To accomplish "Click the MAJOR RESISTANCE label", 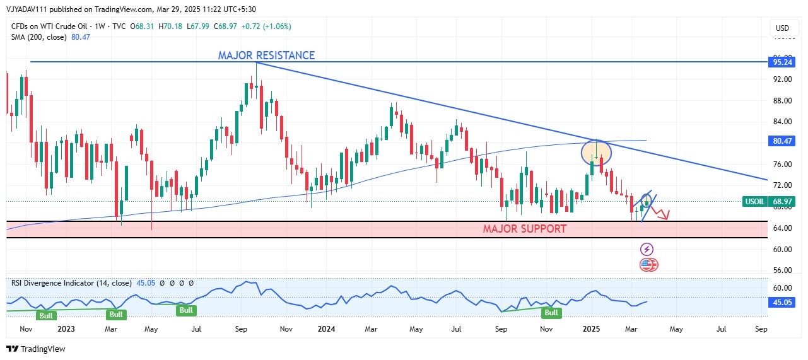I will pos(266,55).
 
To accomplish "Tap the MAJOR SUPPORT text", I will pos(525,228).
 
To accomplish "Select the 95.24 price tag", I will pos(782,62).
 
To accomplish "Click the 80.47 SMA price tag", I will pos(782,142).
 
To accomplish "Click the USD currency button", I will pos(782,28).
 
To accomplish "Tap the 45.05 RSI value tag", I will pos(782,303).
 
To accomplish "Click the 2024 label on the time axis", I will pos(326,328).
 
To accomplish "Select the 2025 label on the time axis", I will pos(591,328).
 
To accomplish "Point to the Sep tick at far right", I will pos(761,328).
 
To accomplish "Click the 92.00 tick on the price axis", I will pos(782,79).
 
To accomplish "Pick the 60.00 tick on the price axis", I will pos(782,249).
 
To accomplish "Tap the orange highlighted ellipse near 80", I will pos(596,152).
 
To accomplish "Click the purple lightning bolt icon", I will pos(647,250).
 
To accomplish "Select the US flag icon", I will pos(648,265).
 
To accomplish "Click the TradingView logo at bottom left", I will pos(36,349).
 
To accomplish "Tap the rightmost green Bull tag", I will pos(551,313).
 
